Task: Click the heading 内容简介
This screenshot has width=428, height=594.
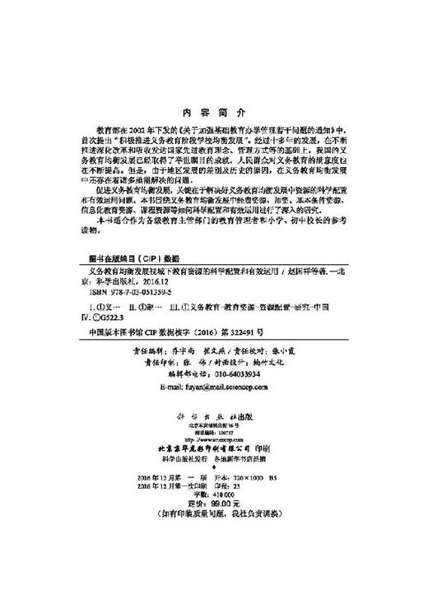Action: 212,113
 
